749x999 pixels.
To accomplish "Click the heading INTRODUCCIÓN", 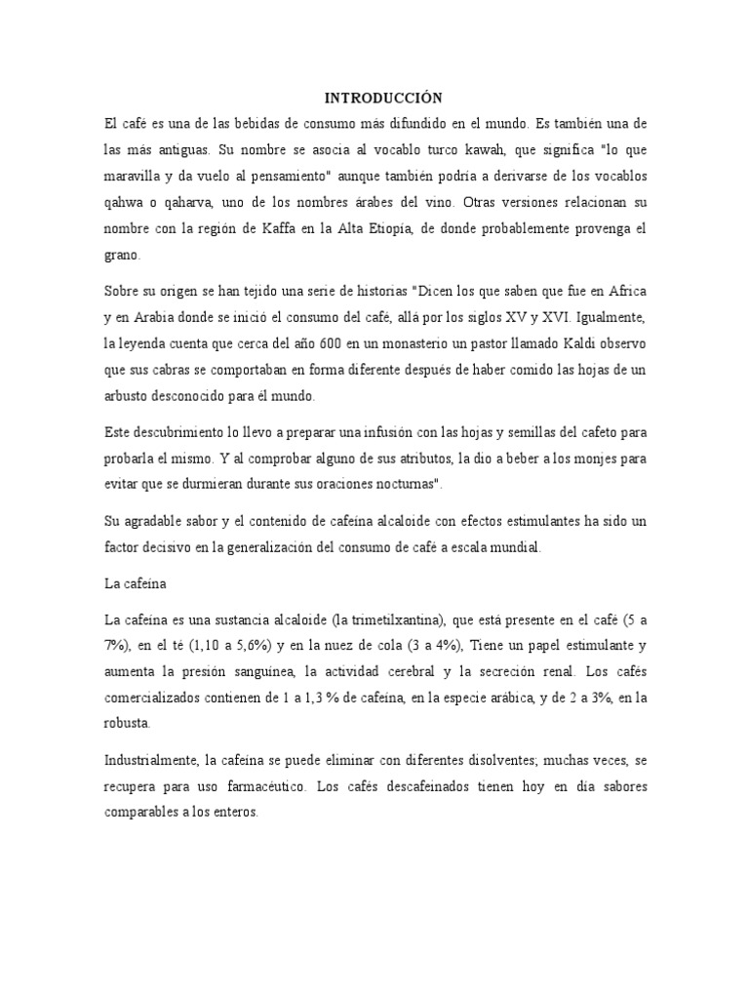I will [x=382, y=98].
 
